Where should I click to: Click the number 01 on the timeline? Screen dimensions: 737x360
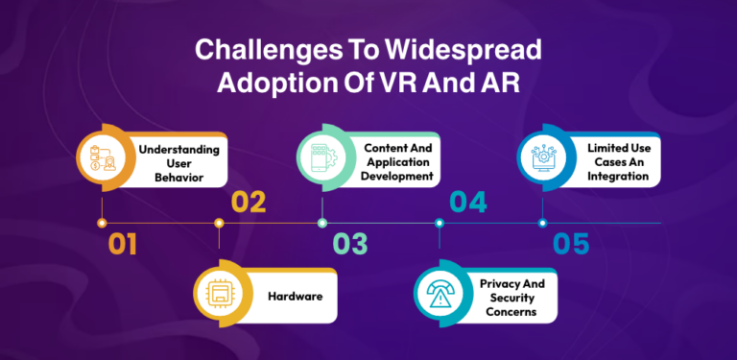[x=122, y=245]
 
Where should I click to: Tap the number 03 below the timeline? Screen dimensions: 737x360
[x=350, y=245]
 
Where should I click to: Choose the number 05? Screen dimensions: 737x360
[x=571, y=245]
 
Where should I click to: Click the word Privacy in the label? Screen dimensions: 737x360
[x=502, y=285]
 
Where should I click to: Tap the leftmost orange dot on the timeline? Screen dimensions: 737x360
[x=102, y=223]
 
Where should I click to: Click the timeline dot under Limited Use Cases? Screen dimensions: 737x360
[x=543, y=223]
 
